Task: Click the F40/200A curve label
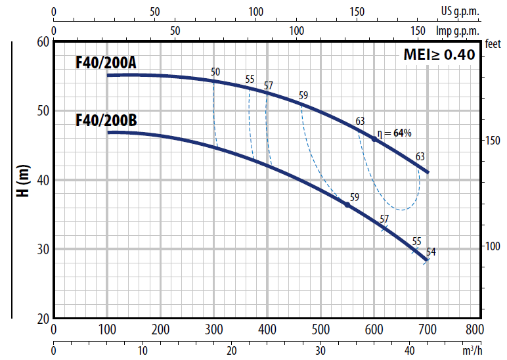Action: pos(106,63)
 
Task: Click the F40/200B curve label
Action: pos(106,121)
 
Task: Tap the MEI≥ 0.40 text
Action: pos(439,55)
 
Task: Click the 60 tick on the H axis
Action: pos(43,41)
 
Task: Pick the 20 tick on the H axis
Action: pos(43,319)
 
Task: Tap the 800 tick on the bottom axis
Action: pos(474,329)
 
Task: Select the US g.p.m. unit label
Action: pos(460,11)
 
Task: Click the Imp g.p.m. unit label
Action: pos(457,30)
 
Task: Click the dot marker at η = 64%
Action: pos(374,139)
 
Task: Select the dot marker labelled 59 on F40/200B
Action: pos(347,205)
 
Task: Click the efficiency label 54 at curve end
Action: pos(431,252)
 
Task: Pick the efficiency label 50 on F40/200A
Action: pos(215,72)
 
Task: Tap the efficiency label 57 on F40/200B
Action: pos(384,219)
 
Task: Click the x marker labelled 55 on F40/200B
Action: pos(414,250)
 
